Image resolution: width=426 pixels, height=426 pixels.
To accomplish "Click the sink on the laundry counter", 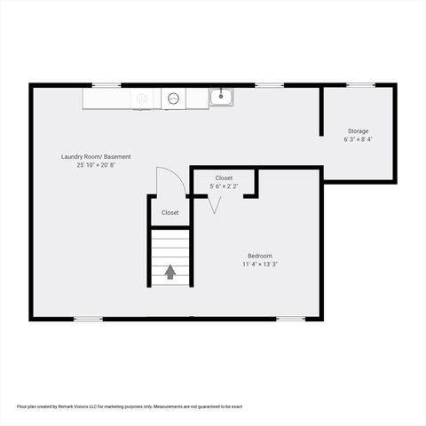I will [x=221, y=97].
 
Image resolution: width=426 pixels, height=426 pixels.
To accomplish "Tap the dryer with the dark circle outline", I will [x=174, y=98].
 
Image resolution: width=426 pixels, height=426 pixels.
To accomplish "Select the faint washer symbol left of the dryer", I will [x=142, y=99].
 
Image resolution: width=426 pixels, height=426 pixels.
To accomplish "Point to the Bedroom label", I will [x=260, y=256].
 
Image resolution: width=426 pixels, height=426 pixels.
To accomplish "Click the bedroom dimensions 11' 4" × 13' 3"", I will [x=260, y=264].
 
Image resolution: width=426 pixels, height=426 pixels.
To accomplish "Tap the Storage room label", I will [x=358, y=131].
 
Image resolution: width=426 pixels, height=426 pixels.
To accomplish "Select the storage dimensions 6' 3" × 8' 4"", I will [x=358, y=140].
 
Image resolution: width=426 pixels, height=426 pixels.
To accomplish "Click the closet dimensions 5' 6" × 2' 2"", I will [x=224, y=186].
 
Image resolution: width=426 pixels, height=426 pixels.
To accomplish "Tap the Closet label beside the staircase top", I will [x=170, y=213].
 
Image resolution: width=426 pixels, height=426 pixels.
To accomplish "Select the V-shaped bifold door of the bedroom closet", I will [x=213, y=205].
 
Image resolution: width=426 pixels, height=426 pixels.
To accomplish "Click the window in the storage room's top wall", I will [x=360, y=85].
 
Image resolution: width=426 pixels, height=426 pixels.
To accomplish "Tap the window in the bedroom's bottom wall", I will [x=290, y=318].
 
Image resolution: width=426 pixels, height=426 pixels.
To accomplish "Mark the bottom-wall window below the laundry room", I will [x=87, y=318].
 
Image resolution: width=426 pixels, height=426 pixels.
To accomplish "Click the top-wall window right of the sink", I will [x=270, y=85].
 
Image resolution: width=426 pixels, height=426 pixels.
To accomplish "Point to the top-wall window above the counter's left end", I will [x=106, y=85].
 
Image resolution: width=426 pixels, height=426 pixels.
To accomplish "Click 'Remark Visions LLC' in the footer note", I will [x=84, y=406].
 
